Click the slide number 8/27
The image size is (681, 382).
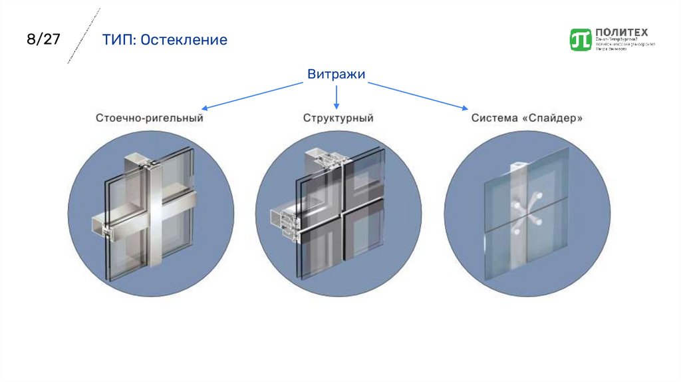tap(43, 39)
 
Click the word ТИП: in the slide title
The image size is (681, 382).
tap(119, 40)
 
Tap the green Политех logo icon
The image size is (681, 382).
tap(581, 39)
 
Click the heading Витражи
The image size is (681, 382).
tap(337, 75)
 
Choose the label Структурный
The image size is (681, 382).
tap(338, 118)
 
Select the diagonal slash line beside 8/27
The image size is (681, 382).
tap(84, 36)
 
